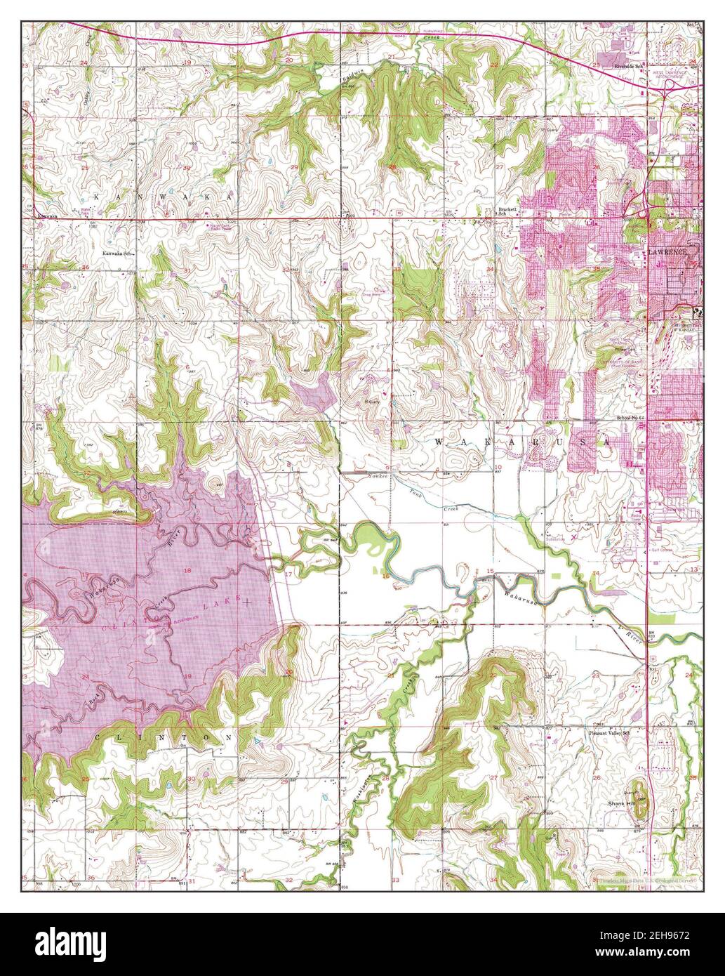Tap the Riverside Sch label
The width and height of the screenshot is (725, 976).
pos(629,66)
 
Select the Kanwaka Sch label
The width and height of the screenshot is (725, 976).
pos(118,253)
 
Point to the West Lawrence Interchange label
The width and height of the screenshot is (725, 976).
pos(679,72)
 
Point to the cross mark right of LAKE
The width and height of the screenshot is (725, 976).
pos(241,601)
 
